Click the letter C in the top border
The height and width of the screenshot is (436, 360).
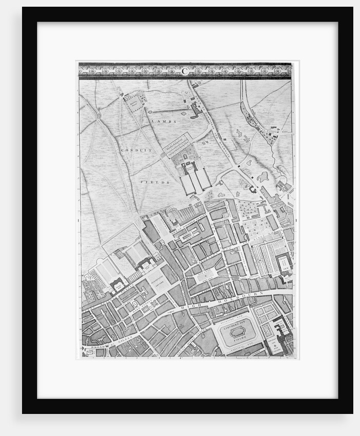click(x=185, y=71)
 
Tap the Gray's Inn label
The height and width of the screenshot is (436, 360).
click(x=284, y=263)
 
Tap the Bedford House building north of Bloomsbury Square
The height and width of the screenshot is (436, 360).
click(x=146, y=263)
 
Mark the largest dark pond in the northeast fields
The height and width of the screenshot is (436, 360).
click(x=263, y=177)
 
